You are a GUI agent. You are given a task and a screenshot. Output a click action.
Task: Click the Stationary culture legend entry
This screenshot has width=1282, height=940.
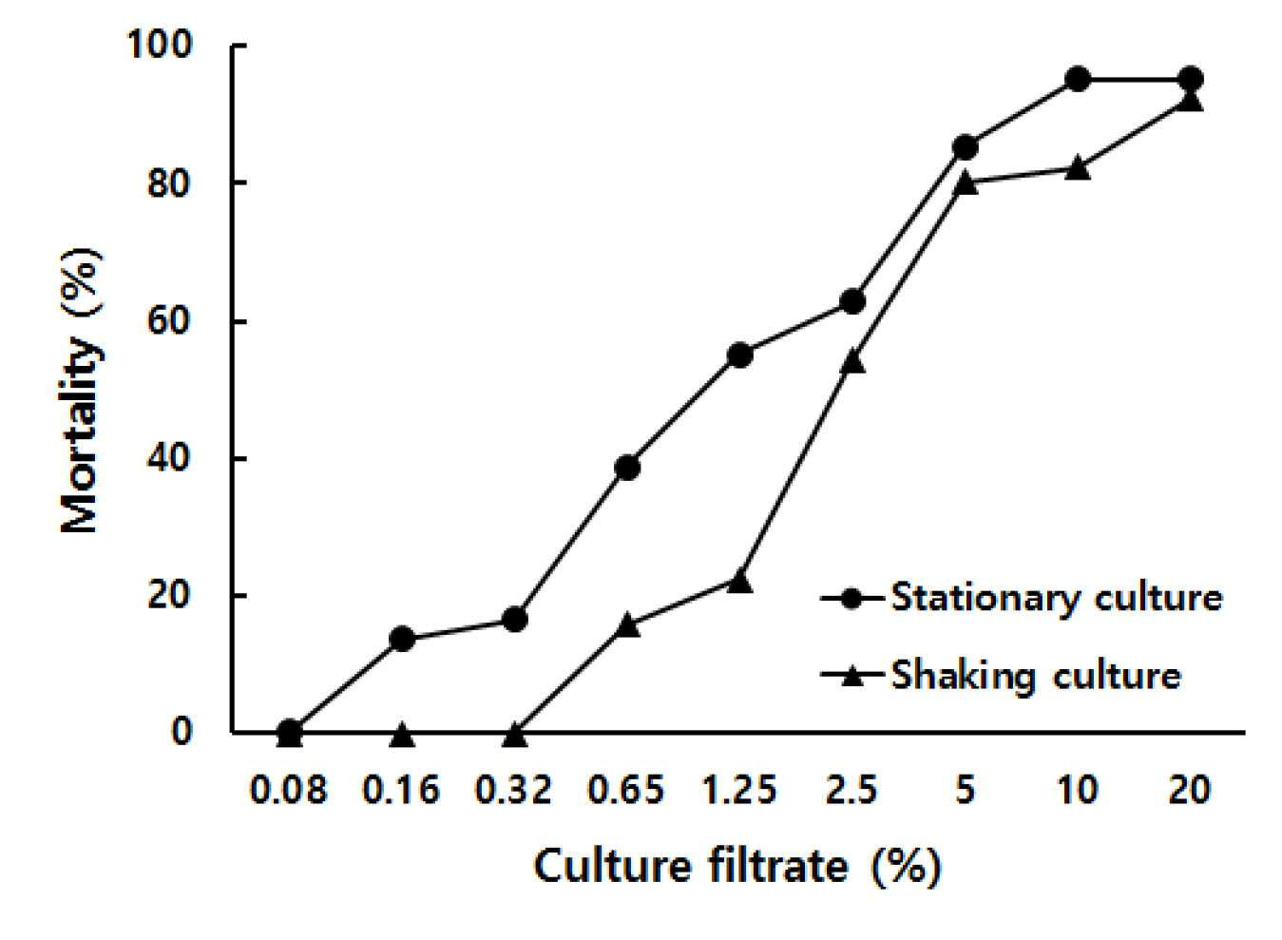[1023, 599]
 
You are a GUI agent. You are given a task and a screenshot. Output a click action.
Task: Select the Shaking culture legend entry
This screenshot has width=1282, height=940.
[1002, 677]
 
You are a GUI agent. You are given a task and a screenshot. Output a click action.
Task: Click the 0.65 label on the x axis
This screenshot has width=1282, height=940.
[626, 791]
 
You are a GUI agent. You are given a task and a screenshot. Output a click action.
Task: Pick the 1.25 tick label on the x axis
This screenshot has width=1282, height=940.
[738, 791]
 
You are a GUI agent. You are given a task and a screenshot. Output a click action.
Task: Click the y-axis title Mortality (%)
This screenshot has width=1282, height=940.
[82, 391]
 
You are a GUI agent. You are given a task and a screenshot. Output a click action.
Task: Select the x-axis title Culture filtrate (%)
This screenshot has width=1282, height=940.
[737, 866]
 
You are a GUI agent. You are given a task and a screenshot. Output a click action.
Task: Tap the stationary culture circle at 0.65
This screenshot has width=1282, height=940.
[627, 469]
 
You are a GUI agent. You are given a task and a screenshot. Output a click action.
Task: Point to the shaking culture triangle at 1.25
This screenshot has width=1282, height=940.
[739, 583]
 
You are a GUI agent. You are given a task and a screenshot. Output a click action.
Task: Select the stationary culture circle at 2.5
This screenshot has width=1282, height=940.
[852, 301]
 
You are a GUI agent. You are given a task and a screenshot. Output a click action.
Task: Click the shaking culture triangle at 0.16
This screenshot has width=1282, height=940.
[402, 735]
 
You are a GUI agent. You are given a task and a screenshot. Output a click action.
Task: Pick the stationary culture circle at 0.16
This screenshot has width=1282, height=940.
[402, 639]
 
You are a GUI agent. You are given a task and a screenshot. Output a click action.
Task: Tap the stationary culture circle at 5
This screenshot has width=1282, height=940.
[965, 147]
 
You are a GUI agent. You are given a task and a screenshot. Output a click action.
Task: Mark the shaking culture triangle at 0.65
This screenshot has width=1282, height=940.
[627, 625]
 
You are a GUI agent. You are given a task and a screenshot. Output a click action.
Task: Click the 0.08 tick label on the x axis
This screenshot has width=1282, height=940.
[289, 791]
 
